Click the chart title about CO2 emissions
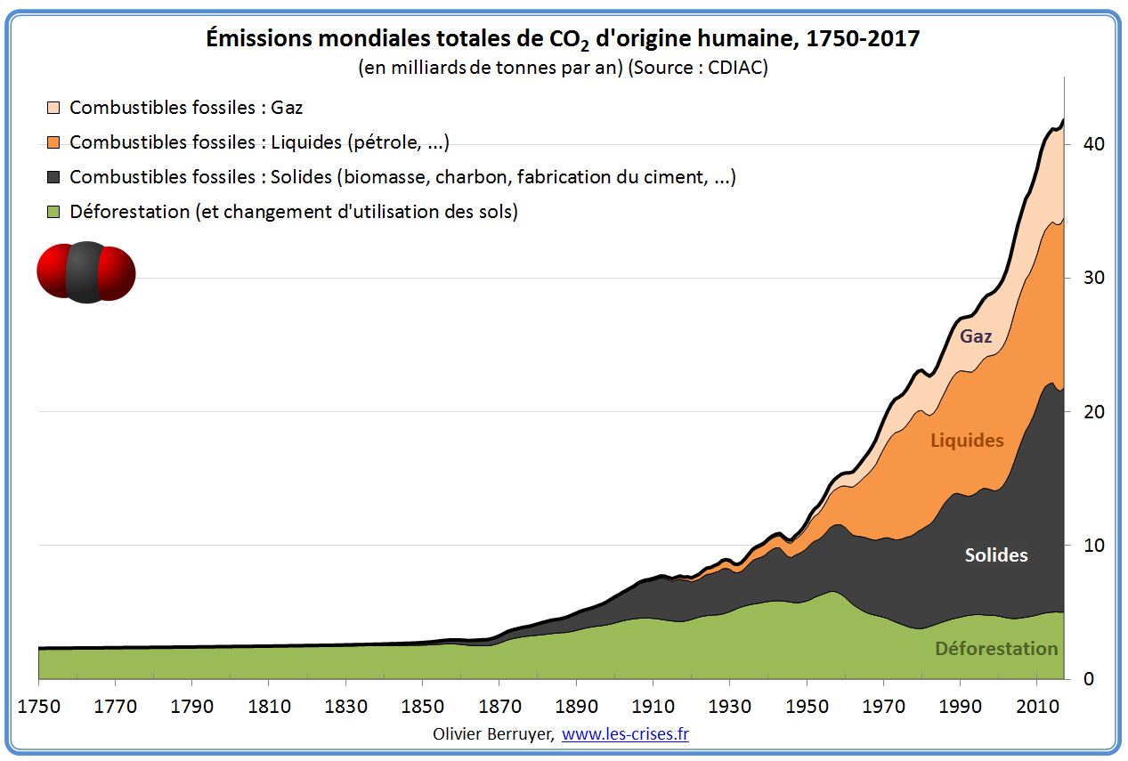point(563,40)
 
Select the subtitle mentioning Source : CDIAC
point(563,69)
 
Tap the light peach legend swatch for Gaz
point(53,108)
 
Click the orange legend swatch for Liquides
point(53,142)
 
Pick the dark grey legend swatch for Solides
point(53,177)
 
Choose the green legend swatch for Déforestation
point(53,212)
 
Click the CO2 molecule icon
point(85,272)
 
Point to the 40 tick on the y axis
point(1093,144)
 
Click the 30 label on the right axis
point(1093,278)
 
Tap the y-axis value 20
point(1093,412)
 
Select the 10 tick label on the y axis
point(1093,546)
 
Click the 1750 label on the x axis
point(39,707)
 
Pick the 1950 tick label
point(807,707)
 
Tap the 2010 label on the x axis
point(1037,707)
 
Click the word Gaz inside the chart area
point(976,336)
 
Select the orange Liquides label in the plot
point(967,441)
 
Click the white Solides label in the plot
point(996,555)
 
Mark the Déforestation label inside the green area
point(996,649)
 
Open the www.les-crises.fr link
point(625,734)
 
